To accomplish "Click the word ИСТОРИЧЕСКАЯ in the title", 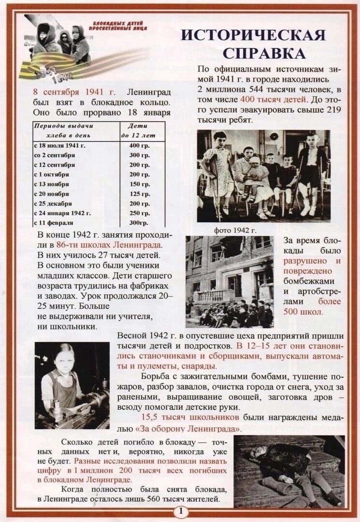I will point(253,35).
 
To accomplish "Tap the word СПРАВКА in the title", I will point(264,53).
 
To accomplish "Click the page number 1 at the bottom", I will point(180,511).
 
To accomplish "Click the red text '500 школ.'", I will point(303,312).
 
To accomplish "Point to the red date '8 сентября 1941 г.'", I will point(74,92).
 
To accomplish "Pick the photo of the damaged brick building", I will point(229,282).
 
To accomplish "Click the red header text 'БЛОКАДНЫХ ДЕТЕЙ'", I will point(114,23).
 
